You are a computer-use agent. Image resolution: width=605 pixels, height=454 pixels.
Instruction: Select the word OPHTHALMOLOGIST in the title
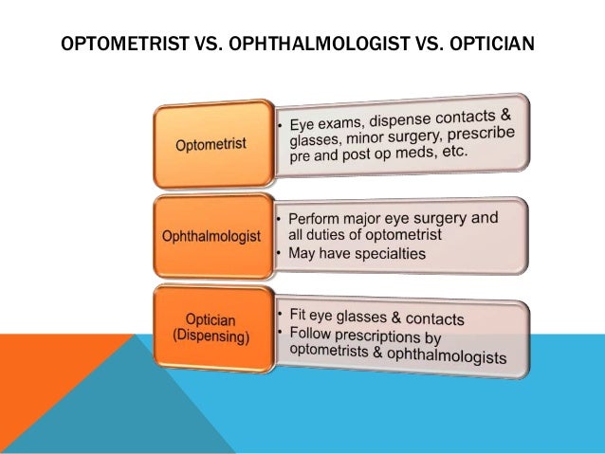click(x=312, y=45)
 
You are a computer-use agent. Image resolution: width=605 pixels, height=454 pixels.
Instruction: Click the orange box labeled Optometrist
click(x=210, y=144)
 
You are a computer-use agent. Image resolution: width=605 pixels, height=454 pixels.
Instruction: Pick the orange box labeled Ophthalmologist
click(x=210, y=236)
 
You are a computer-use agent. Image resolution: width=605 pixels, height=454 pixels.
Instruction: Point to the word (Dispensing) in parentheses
click(x=210, y=337)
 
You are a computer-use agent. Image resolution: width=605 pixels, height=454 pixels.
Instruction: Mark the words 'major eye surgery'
click(x=384, y=219)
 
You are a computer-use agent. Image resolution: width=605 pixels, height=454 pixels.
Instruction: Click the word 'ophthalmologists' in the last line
click(x=456, y=357)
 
